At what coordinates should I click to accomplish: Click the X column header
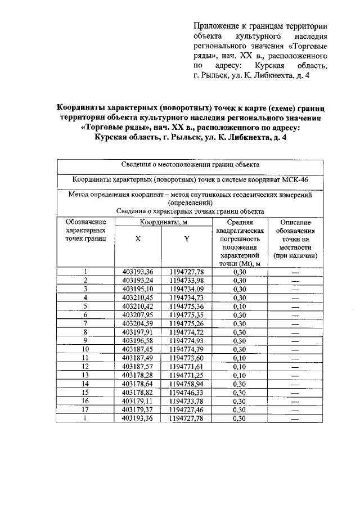point(138,238)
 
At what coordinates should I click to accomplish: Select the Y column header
point(186,238)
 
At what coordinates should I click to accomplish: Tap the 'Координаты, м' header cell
point(162,223)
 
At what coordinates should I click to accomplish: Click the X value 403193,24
point(138,281)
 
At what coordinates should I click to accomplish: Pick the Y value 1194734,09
point(186,289)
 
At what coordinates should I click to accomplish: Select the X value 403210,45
point(138,298)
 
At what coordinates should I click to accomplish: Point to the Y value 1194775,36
point(186,307)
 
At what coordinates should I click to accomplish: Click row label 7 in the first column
point(85,323)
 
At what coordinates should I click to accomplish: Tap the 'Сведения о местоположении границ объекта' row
point(190,165)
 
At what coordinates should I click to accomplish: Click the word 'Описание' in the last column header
point(295,223)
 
